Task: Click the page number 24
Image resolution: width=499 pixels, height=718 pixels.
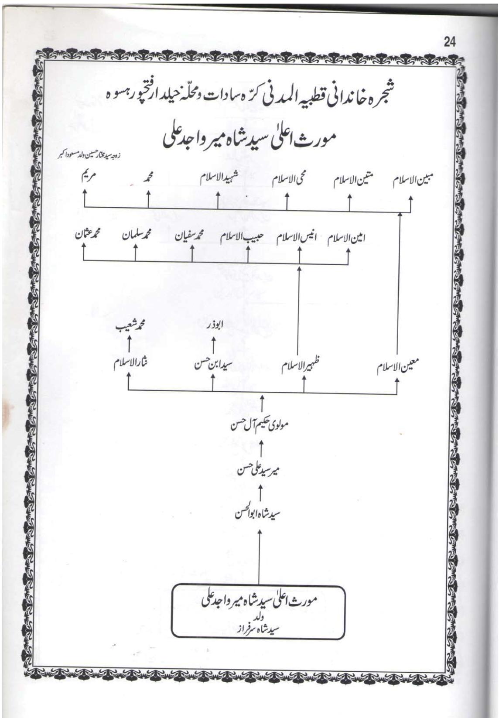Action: click(450, 42)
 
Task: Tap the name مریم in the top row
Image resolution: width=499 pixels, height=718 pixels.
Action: click(87, 178)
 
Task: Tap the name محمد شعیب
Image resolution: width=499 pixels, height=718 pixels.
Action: click(130, 325)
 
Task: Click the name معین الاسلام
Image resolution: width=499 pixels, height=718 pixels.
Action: click(398, 367)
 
